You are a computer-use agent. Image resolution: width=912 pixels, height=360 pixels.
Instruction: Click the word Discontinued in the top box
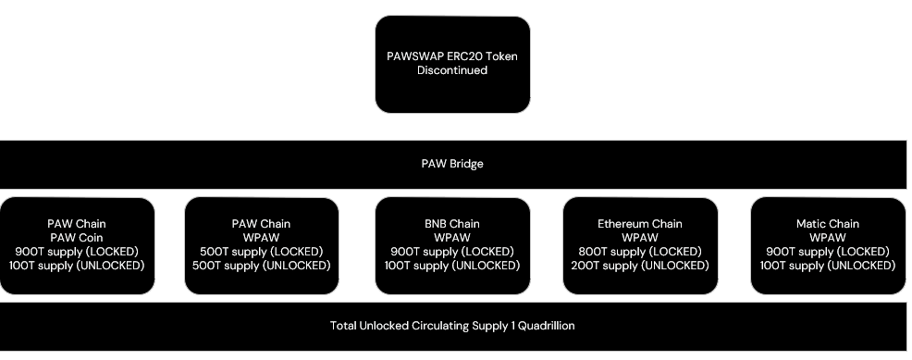click(x=452, y=70)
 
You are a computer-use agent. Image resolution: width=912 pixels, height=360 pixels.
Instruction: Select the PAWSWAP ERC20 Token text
click(x=452, y=56)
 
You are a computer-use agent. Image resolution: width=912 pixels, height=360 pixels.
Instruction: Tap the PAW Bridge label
click(x=452, y=164)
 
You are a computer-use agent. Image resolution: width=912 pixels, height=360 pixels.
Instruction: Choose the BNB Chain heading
click(x=452, y=224)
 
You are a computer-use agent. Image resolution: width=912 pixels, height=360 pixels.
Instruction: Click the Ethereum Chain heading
click(x=640, y=224)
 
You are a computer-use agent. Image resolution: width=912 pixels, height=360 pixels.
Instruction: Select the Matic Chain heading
click(x=828, y=224)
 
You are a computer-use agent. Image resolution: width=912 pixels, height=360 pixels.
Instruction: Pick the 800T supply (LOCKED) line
click(x=640, y=251)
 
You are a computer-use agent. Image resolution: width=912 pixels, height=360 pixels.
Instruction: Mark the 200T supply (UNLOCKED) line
click(x=640, y=265)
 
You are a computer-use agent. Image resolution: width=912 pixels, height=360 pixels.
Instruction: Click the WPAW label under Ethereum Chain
click(x=640, y=237)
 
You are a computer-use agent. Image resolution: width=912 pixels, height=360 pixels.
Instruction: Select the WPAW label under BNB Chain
click(x=452, y=237)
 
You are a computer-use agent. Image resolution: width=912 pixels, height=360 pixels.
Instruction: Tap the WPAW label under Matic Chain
click(x=828, y=237)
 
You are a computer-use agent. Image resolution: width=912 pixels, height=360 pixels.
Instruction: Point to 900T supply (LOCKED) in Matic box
click(x=828, y=251)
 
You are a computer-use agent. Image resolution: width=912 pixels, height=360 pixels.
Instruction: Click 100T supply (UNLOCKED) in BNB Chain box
click(x=452, y=265)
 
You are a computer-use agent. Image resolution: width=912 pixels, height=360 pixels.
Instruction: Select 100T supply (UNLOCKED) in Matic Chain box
click(x=828, y=265)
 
